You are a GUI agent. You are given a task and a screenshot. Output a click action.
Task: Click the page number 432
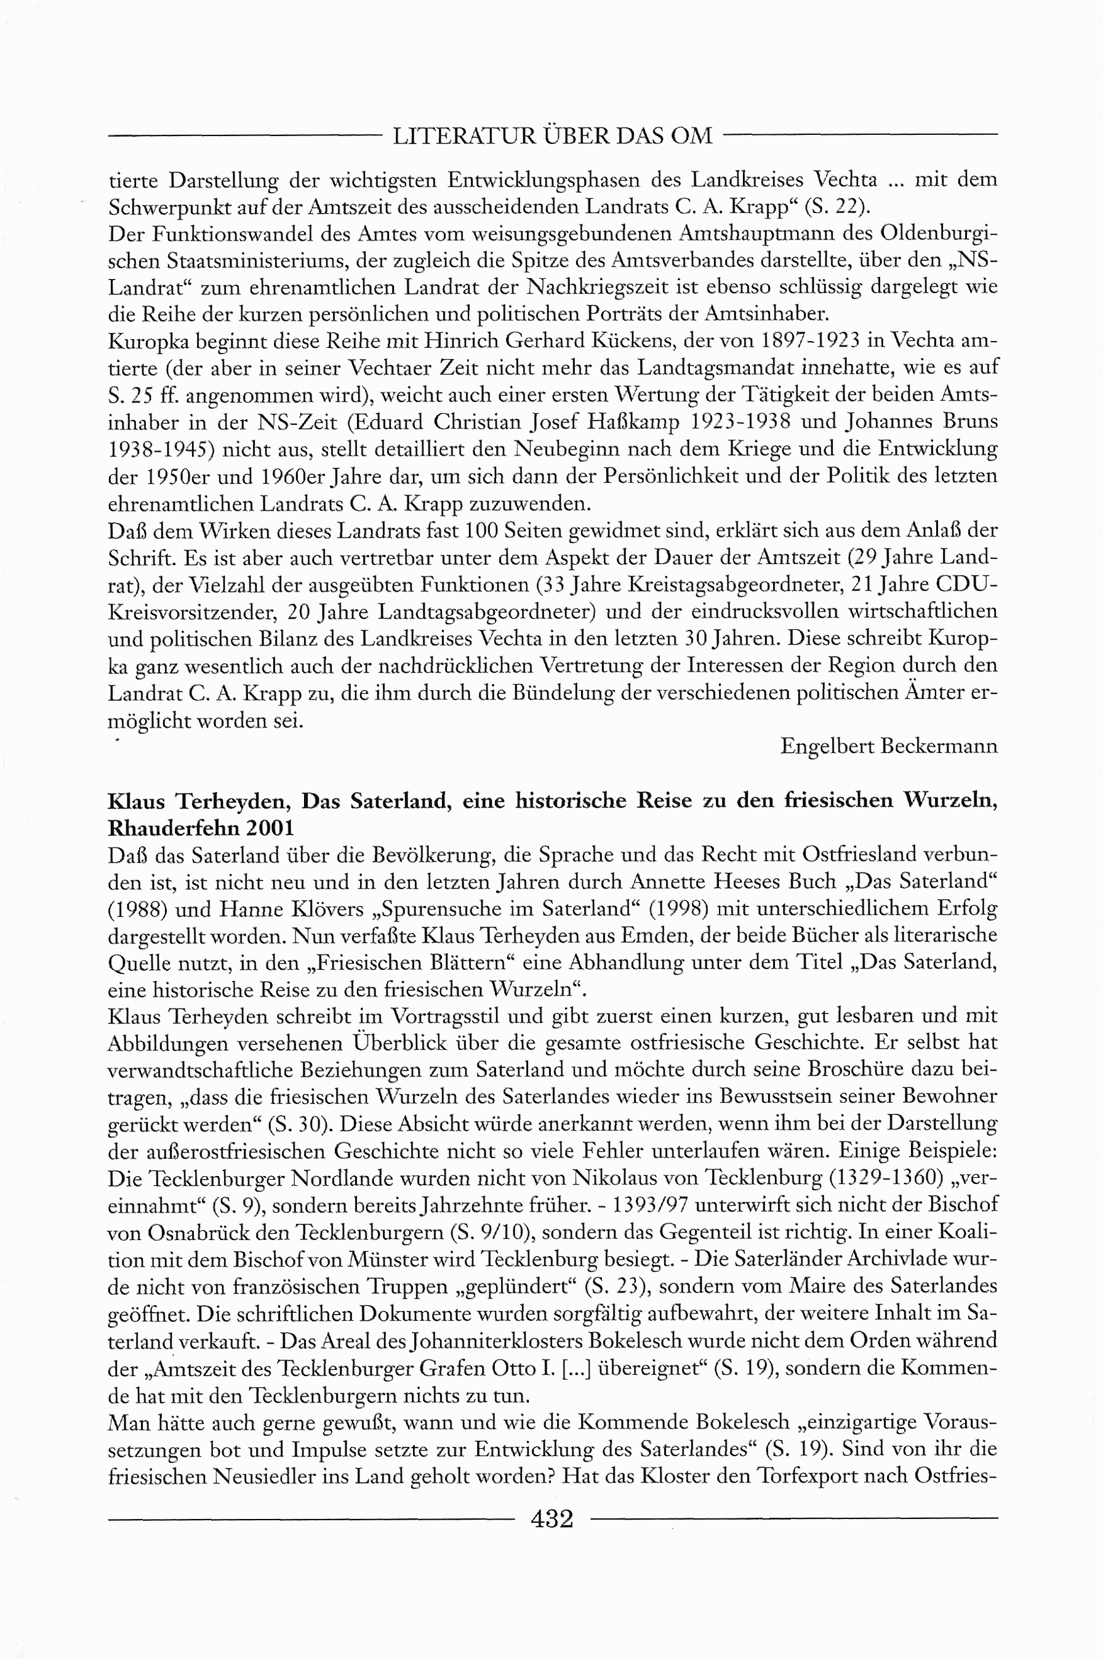552,1519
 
